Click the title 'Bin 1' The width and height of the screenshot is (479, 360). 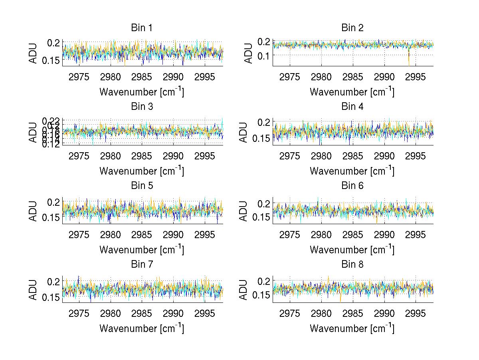[142, 28]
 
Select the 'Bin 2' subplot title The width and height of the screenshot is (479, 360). [352, 28]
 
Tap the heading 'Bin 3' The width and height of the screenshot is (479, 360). [142, 106]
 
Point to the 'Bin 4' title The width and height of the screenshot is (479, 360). [352, 106]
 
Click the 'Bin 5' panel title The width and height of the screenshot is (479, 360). [142, 185]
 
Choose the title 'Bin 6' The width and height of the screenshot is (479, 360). [352, 185]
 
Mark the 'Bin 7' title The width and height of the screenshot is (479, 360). [142, 264]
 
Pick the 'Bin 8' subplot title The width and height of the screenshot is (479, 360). [352, 264]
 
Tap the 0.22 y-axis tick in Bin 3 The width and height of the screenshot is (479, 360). [51, 120]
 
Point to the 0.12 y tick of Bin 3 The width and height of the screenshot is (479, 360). [51, 144]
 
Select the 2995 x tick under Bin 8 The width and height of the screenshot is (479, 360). [416, 313]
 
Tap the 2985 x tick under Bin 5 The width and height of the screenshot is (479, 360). [142, 234]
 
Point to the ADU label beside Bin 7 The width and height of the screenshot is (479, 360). [33, 290]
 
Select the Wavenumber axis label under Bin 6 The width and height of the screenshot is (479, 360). [352, 250]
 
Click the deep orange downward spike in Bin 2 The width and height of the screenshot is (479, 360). [409, 60]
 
